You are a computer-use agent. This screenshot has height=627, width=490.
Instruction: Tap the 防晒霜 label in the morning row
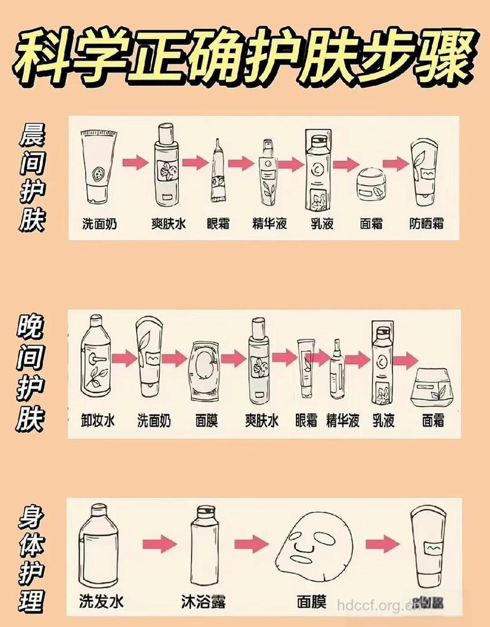click(426, 224)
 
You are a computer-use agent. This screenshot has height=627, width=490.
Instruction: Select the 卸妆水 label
click(98, 420)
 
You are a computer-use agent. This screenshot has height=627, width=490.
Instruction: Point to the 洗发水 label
click(101, 601)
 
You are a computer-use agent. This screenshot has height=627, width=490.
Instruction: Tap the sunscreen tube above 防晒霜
click(426, 172)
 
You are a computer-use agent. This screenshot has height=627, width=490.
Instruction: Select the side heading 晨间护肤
click(32, 178)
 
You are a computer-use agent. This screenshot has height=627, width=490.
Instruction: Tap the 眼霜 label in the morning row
click(217, 224)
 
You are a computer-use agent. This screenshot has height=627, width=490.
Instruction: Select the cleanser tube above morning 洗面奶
click(98, 166)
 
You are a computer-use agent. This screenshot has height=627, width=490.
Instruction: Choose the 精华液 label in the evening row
click(342, 420)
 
